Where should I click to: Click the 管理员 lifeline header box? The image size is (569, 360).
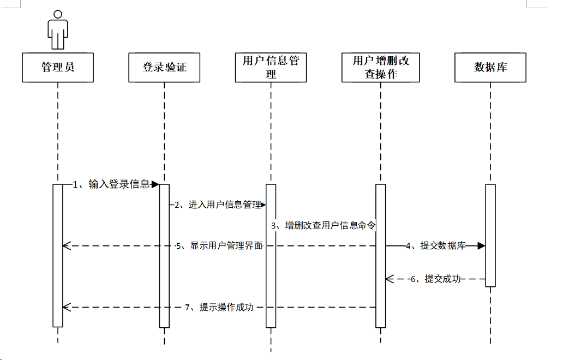pyautogui.click(x=58, y=68)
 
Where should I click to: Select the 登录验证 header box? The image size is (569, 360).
pyautogui.click(x=164, y=68)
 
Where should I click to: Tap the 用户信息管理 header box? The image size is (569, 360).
pyautogui.click(x=271, y=68)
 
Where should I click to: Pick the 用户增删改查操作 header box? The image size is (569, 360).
pyautogui.click(x=381, y=68)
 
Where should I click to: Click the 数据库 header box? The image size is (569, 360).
pyautogui.click(x=490, y=68)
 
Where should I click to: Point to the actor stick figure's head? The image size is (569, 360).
pyautogui.click(x=58, y=14)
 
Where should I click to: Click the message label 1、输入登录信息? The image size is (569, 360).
pyautogui.click(x=111, y=184)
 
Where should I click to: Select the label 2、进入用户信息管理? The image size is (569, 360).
pyautogui.click(x=218, y=205)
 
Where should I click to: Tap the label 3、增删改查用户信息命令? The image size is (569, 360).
pyautogui.click(x=324, y=225)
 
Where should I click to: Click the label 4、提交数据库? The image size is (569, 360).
pyautogui.click(x=435, y=245)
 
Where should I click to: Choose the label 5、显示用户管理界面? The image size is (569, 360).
pyautogui.click(x=219, y=245)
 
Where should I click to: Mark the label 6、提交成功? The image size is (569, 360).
pyautogui.click(x=436, y=279)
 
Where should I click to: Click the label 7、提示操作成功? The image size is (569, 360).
pyautogui.click(x=219, y=308)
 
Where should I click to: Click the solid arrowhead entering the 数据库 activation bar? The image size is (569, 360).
pyautogui.click(x=482, y=245)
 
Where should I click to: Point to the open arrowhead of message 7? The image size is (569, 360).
pyautogui.click(x=67, y=308)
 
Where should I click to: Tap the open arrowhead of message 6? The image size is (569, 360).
pyautogui.click(x=390, y=279)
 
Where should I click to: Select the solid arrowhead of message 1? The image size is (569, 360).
pyautogui.click(x=155, y=184)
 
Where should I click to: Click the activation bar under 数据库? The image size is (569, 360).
pyautogui.click(x=490, y=236)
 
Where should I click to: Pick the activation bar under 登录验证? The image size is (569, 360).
pyautogui.click(x=164, y=256)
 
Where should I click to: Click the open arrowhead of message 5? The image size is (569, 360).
pyautogui.click(x=67, y=245)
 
